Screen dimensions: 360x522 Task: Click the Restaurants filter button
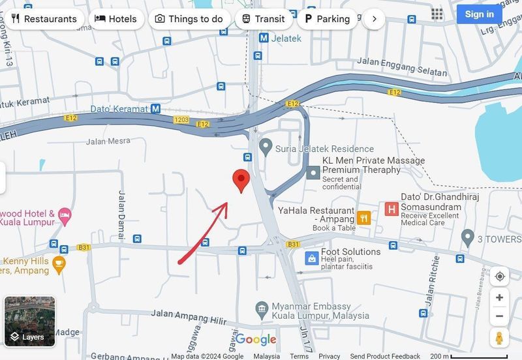pos(44,19)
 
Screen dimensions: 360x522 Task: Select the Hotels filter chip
pos(115,19)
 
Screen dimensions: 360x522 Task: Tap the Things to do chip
pos(189,19)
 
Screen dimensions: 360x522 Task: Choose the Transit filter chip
pos(263,19)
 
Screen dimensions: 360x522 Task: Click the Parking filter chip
pos(326,19)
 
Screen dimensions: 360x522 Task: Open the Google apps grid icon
pos(437,14)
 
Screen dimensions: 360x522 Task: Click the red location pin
pos(242,179)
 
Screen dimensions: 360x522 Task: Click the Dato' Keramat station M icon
pos(155,109)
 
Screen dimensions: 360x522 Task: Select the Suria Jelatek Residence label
pos(324,149)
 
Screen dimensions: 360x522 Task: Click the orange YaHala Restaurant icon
pos(364,218)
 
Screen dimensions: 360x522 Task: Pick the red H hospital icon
pos(391,209)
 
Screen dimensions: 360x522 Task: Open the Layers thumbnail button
pos(30,321)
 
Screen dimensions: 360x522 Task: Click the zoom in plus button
pos(499,297)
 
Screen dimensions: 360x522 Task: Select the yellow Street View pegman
pos(499,338)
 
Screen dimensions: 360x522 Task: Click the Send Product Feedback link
pos(385,356)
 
